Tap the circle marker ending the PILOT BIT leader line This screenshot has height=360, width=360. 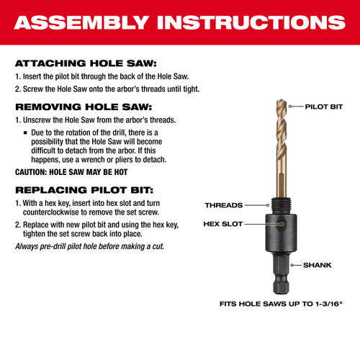click(x=291, y=106)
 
